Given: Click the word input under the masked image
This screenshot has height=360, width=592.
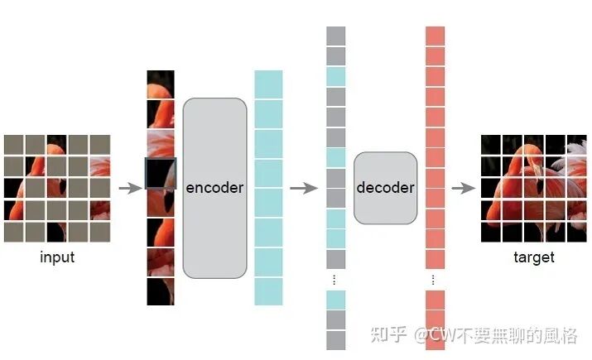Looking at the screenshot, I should pyautogui.click(x=57, y=257).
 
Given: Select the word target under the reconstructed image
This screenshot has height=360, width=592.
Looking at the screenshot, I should pyautogui.click(x=533, y=257).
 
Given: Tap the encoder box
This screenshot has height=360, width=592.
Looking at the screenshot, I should pyautogui.click(x=214, y=188).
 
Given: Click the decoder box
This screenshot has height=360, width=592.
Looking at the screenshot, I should pyautogui.click(x=385, y=188).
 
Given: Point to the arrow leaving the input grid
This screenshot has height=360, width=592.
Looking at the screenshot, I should pyautogui.click(x=130, y=188).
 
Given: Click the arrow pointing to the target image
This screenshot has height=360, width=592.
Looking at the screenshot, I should pyautogui.click(x=461, y=188).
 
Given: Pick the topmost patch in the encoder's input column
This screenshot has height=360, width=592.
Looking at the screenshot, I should pyautogui.click(x=161, y=84).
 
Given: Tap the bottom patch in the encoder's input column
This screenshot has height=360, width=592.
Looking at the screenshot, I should pyautogui.click(x=161, y=291).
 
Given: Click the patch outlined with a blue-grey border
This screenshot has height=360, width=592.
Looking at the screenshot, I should pyautogui.click(x=161, y=174).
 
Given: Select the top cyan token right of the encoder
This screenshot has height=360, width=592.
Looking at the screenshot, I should pyautogui.click(x=268, y=84).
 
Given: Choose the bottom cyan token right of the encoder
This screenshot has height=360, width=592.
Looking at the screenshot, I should pyautogui.click(x=268, y=291).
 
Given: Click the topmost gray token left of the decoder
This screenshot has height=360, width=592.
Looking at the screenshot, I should pyautogui.click(x=335, y=36).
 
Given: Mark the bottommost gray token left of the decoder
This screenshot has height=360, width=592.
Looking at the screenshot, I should pyautogui.click(x=335, y=340).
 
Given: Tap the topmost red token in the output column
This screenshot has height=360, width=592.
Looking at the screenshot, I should pyautogui.click(x=436, y=36).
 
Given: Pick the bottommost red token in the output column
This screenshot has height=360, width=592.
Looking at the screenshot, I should pyautogui.click(x=436, y=340).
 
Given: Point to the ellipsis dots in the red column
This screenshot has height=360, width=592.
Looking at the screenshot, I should pyautogui.click(x=436, y=279).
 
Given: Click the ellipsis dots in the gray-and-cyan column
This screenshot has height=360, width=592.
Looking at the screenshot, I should pyautogui.click(x=335, y=279).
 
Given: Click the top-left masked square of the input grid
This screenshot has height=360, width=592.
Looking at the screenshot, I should pyautogui.click(x=13, y=145).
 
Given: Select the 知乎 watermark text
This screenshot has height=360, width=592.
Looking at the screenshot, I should pyautogui.click(x=388, y=334).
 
